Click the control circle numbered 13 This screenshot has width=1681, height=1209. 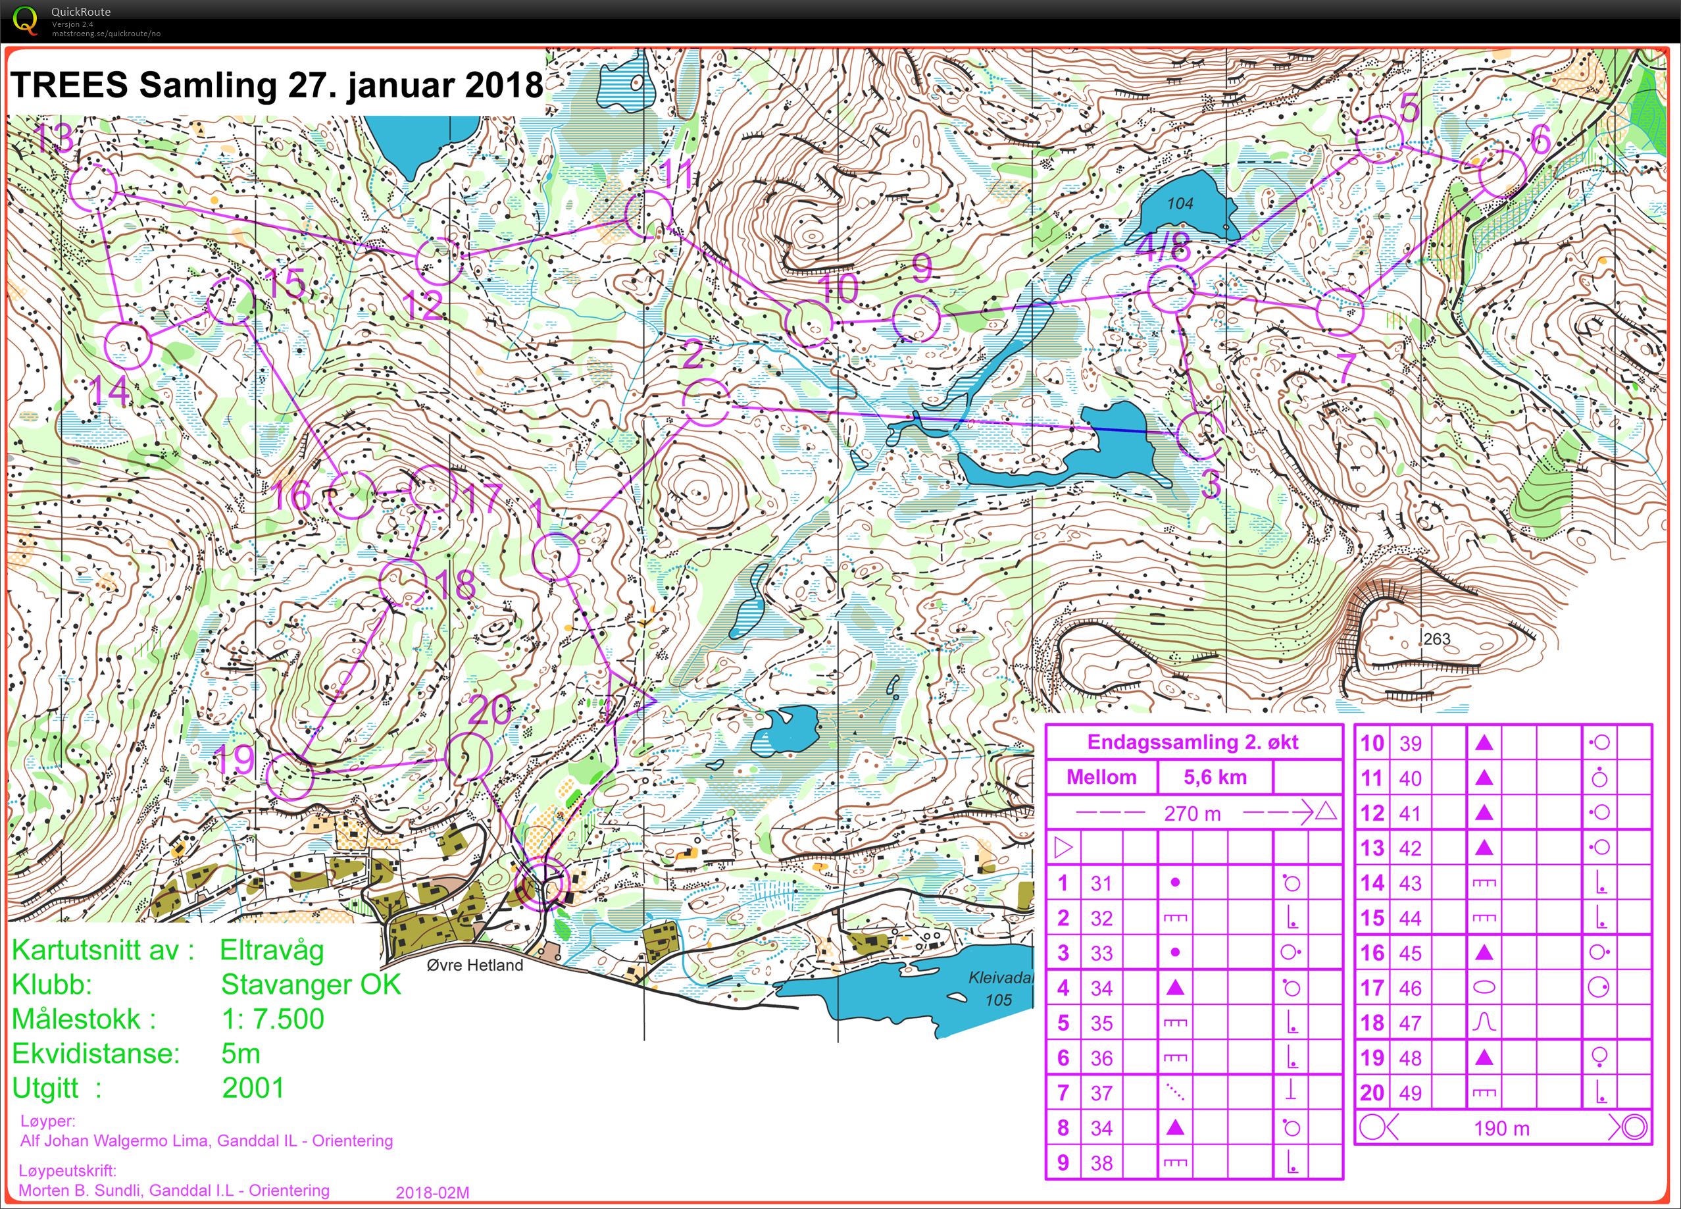[x=93, y=187]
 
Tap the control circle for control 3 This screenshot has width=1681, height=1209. [x=1199, y=436]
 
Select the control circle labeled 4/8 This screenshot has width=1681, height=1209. [x=1171, y=289]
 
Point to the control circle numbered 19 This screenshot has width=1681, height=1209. [x=289, y=775]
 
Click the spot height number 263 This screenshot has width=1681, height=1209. [x=1436, y=639]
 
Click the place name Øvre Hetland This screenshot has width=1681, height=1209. [x=475, y=965]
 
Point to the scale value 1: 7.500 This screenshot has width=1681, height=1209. [x=273, y=1019]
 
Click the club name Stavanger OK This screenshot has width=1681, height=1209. [x=311, y=984]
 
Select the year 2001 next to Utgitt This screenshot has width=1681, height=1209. [x=253, y=1087]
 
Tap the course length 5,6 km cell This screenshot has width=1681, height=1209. [x=1215, y=777]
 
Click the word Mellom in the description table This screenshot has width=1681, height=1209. [x=1101, y=777]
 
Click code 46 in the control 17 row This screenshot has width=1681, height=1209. [x=1410, y=988]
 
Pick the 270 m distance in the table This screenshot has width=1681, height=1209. [x=1192, y=813]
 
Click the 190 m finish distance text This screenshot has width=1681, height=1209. [x=1501, y=1128]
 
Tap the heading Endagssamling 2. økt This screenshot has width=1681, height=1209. [x=1193, y=742]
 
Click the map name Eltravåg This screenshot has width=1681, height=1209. [x=272, y=950]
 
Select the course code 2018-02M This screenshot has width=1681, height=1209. [x=432, y=1193]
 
